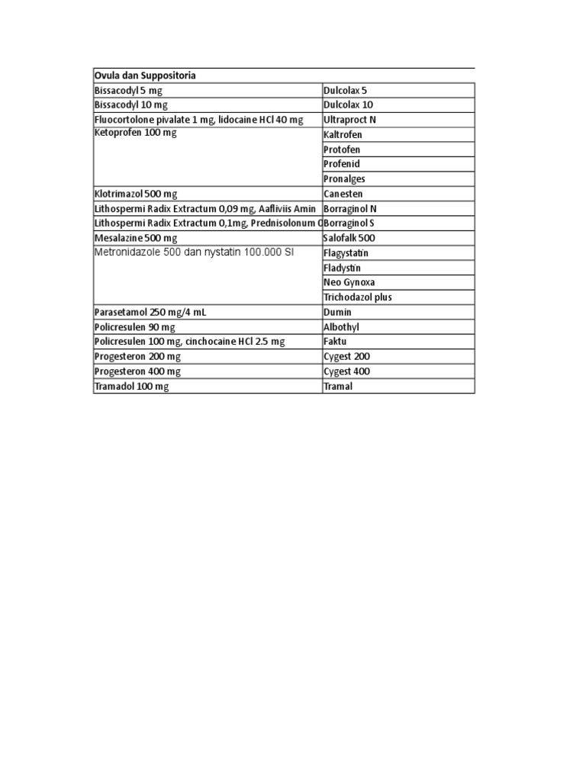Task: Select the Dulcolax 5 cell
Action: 345,90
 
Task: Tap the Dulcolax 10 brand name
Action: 348,105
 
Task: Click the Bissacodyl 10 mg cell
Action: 130,105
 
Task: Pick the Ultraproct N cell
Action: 349,120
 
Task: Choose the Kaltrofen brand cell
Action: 343,135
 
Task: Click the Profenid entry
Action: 341,164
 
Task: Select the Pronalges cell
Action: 344,179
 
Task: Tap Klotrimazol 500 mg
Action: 135,194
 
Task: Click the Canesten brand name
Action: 343,194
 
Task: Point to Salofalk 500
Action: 349,238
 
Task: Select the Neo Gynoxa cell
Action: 349,282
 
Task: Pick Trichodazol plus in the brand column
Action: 358,297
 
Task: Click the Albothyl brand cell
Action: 341,327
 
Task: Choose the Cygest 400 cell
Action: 346,371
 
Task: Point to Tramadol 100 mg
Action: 130,387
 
